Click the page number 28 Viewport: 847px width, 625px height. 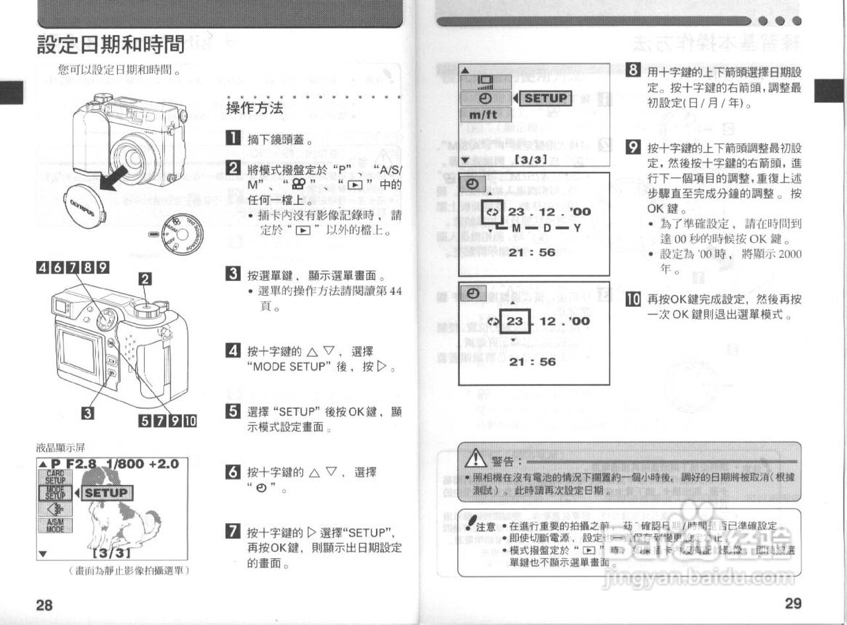(x=44, y=604)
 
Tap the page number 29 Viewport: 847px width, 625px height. (x=793, y=603)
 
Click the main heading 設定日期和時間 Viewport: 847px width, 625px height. (x=111, y=45)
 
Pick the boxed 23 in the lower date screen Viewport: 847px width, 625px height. (x=515, y=321)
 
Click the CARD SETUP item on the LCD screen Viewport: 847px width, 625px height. (x=55, y=477)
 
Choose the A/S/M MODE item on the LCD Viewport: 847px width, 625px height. (x=55, y=527)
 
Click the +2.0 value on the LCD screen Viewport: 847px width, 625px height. (x=162, y=464)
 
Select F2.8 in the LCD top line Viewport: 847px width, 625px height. (x=81, y=464)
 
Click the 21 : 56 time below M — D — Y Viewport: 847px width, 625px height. (x=532, y=253)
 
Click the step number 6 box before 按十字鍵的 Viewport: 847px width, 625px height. (x=232, y=472)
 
